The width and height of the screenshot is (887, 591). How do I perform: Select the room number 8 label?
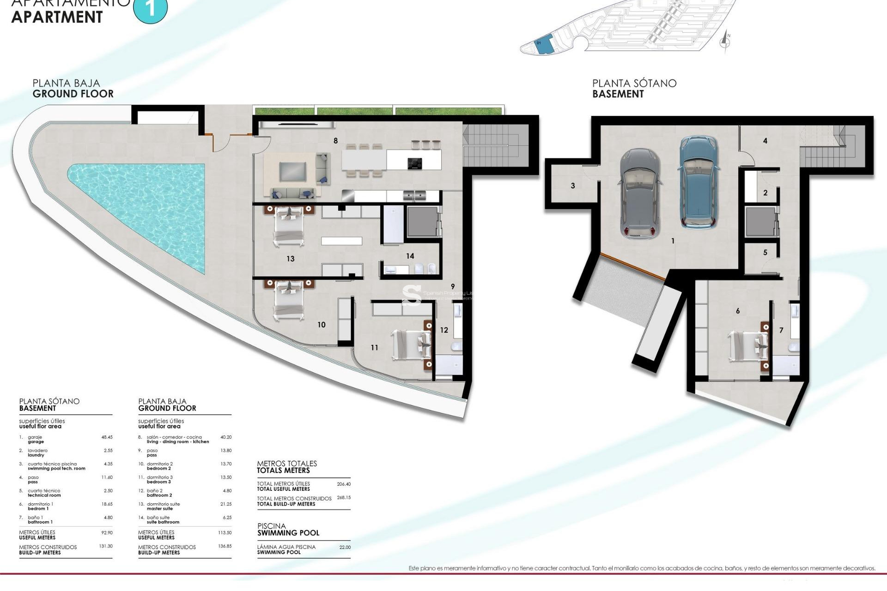pos(335,141)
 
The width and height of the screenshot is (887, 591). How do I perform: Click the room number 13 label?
pos(290,259)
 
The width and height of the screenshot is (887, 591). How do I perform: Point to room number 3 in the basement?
pos(573,186)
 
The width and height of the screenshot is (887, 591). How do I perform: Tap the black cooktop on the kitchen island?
pos(415,163)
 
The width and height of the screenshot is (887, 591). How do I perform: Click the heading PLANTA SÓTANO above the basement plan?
pos(634,83)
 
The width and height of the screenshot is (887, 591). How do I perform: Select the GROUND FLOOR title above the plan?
pos(73,94)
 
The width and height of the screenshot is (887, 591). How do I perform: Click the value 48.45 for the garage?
pos(107,437)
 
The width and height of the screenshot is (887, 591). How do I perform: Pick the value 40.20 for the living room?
pos(226,437)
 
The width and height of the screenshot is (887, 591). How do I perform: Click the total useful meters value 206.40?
pos(344,484)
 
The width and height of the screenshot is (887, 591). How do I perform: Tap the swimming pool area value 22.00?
pos(345,547)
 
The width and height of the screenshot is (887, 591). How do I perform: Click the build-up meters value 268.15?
pos(344,498)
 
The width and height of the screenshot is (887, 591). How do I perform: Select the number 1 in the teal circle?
pos(150,8)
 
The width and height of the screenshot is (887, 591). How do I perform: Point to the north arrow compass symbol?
pos(725,42)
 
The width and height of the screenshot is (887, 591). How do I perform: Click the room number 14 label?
pos(410,256)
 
